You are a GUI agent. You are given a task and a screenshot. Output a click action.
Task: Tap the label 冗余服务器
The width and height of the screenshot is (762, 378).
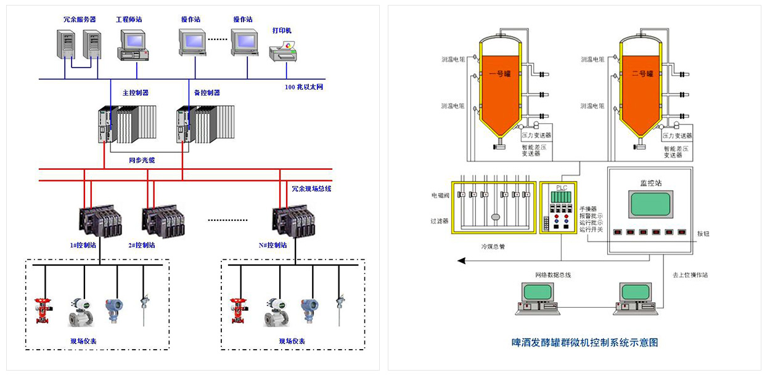click(x=80, y=19)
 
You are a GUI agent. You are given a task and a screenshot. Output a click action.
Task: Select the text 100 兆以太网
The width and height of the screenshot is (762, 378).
click(x=304, y=87)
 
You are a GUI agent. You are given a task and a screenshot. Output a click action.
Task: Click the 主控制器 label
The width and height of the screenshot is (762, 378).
click(x=136, y=93)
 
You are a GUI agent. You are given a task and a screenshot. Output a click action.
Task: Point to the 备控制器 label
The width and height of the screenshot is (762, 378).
click(x=207, y=93)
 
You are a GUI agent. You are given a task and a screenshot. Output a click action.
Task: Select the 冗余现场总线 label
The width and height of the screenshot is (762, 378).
click(x=311, y=188)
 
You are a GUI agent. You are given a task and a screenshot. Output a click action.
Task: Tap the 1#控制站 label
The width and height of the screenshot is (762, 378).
click(x=83, y=245)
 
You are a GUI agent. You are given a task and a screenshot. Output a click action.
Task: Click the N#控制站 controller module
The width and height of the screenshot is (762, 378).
click(x=294, y=221)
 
